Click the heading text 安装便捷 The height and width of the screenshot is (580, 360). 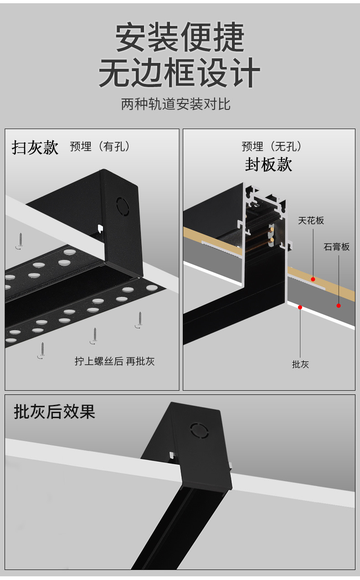(180, 37)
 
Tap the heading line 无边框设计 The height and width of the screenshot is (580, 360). (180, 72)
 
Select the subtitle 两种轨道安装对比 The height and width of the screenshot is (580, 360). (176, 104)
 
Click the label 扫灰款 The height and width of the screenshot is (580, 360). (35, 147)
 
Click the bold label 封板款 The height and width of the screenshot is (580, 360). (268, 165)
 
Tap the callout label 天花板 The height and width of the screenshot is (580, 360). (311, 221)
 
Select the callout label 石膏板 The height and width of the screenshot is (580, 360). (337, 247)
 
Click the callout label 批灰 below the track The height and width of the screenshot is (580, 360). (300, 364)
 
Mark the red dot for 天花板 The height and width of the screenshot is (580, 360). (313, 279)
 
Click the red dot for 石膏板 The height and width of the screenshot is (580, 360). (339, 306)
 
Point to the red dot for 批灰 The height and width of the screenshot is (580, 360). (300, 307)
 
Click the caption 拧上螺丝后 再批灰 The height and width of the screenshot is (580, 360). (115, 362)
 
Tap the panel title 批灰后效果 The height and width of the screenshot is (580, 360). (55, 412)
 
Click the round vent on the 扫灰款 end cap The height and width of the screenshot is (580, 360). (123, 206)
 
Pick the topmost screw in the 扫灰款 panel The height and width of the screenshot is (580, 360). (21, 240)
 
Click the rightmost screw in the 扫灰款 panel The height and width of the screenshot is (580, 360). (140, 319)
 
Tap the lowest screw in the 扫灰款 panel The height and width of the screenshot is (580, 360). (42, 349)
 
